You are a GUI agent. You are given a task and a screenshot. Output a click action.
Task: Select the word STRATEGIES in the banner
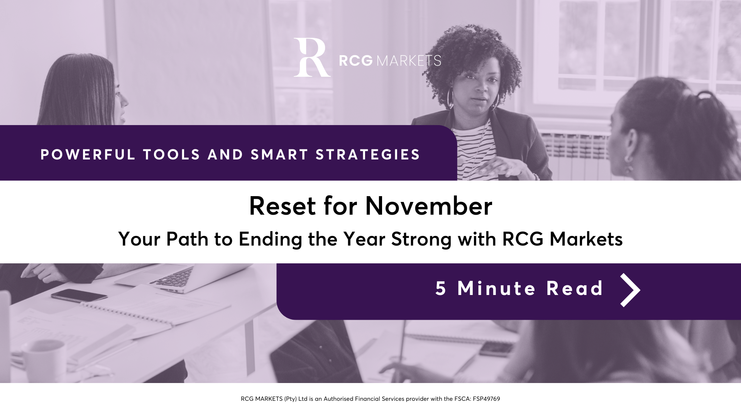[x=368, y=154]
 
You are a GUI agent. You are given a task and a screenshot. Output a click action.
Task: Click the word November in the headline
[x=429, y=206]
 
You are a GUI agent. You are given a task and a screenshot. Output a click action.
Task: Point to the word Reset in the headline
[x=283, y=206]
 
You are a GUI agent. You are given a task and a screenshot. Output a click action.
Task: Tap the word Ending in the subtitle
[x=270, y=239]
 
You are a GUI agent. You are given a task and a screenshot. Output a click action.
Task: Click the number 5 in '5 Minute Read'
[x=441, y=288]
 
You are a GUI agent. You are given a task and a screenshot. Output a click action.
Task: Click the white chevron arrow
[x=630, y=290]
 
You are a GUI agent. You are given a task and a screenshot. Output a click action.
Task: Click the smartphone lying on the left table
[x=79, y=295]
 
